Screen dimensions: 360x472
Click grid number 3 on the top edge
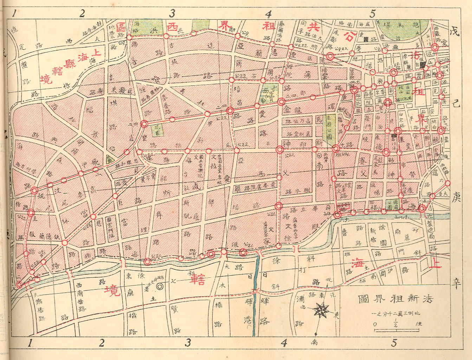point(172,14)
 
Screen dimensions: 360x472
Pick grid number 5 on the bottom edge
point(394,343)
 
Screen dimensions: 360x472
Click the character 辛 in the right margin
point(456,284)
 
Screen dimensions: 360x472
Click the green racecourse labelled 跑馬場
point(404,30)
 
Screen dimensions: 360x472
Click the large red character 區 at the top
point(121,27)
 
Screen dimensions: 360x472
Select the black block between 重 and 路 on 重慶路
point(366,39)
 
